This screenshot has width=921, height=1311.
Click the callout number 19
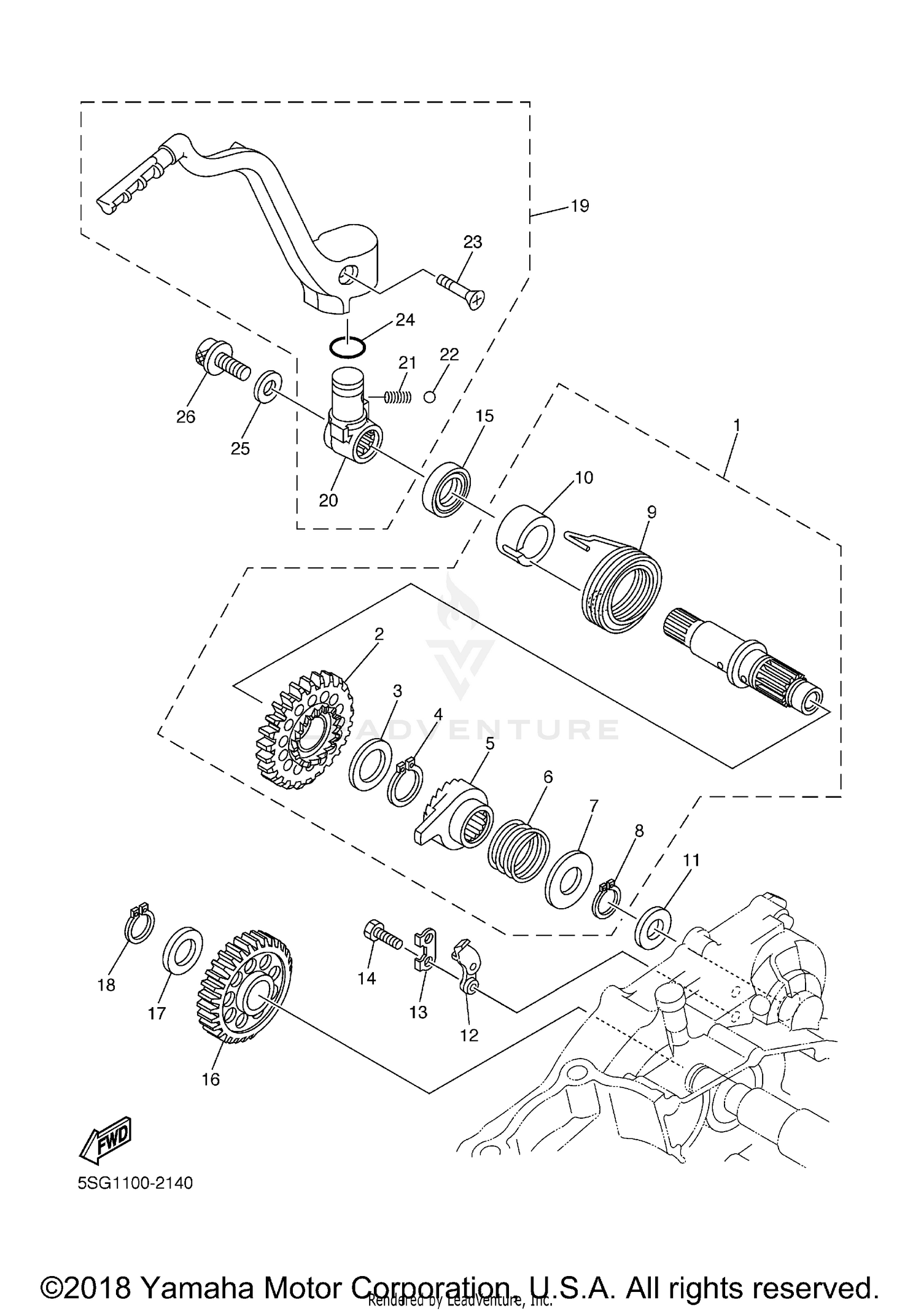[579, 206]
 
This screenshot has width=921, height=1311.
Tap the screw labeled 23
[461, 290]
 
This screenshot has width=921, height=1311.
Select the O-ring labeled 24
[347, 347]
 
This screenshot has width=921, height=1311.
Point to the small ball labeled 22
[430, 397]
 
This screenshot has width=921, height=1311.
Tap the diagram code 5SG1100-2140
[135, 1183]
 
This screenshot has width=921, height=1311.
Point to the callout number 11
[691, 861]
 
